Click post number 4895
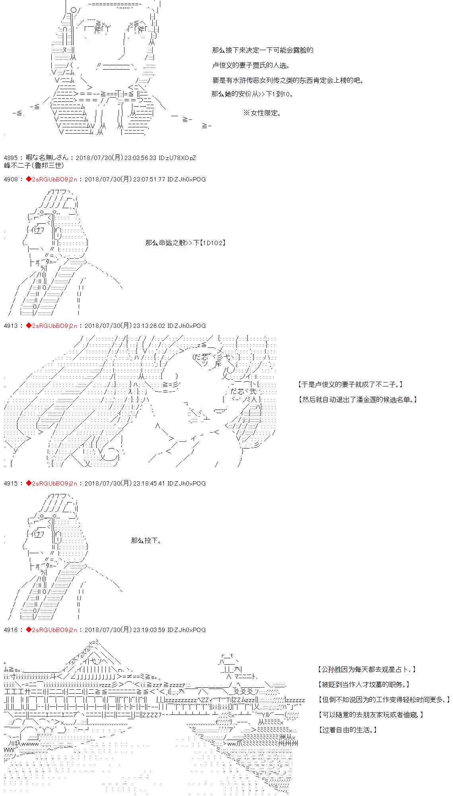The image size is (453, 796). click(x=10, y=158)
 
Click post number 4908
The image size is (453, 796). click(x=10, y=179)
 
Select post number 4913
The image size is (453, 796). click(x=10, y=326)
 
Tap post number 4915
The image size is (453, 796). click(x=10, y=484)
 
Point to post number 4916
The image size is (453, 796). click(x=10, y=630)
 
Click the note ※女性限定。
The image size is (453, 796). click(x=262, y=113)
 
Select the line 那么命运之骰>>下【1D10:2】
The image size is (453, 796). click(x=186, y=243)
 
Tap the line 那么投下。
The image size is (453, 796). click(x=146, y=540)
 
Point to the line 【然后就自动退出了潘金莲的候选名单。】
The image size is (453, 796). click(x=358, y=400)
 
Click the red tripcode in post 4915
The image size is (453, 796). click(x=52, y=484)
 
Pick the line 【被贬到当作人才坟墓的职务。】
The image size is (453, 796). click(x=364, y=685)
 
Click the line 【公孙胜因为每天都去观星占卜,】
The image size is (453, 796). click(x=367, y=669)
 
